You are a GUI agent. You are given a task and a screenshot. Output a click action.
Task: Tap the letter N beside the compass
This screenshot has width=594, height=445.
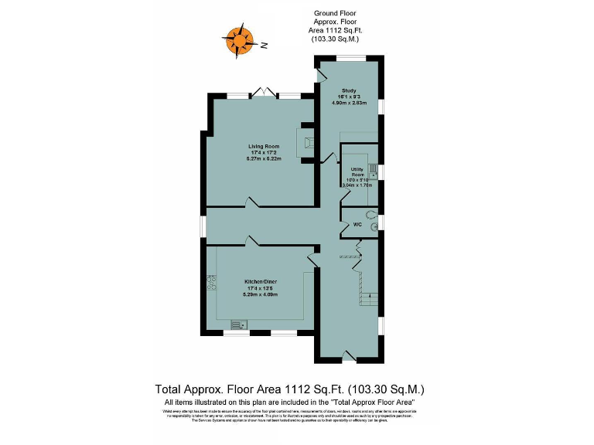point(264,46)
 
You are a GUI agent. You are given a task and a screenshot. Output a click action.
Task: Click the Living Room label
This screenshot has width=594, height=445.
point(263,146)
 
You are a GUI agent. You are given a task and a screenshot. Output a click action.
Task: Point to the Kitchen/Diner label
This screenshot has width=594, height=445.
point(261,281)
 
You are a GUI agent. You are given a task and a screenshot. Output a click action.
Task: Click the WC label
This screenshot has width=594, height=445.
point(357,225)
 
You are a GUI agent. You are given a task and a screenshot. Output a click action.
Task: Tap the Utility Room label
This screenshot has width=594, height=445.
point(357,172)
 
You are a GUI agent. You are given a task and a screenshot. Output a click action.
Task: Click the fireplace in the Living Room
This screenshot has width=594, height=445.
point(306,143)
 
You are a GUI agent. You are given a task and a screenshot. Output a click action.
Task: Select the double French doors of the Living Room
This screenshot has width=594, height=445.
point(264,93)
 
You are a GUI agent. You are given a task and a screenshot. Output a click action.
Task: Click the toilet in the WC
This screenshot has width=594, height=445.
point(372,218)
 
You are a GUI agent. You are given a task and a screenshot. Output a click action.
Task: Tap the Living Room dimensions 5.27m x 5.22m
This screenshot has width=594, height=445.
point(263,158)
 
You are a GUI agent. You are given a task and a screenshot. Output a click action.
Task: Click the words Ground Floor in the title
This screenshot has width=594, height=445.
point(334,13)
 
